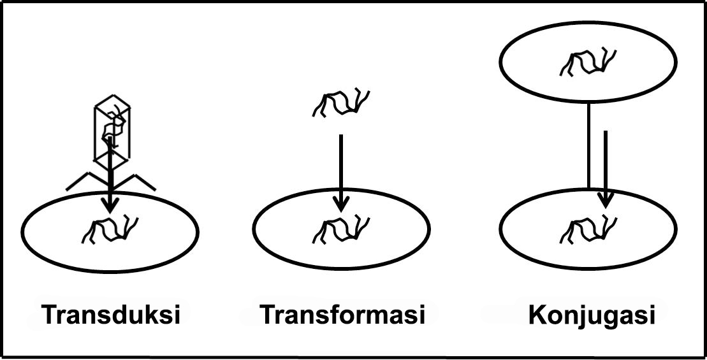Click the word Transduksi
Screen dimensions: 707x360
pos(111,314)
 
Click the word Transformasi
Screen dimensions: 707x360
pos(342,314)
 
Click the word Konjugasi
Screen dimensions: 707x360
pos(592,315)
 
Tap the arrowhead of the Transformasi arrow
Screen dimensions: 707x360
pos(341,205)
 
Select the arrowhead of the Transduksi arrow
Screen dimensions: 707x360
pos(110,206)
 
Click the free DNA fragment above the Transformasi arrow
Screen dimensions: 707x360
pos(341,103)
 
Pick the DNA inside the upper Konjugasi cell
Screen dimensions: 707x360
pos(588,62)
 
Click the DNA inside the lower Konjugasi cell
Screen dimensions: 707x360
pos(588,230)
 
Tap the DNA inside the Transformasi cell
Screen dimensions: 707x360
pos(341,231)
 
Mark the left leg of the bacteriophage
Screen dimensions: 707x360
pos(85,180)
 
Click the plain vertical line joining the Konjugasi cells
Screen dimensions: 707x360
pos(589,145)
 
